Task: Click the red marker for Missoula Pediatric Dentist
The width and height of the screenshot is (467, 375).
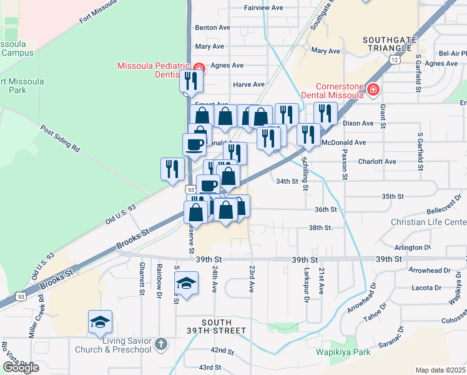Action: coord(199,67)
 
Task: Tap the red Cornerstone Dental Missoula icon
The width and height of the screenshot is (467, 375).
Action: coord(373,90)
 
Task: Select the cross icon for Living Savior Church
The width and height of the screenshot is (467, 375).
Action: coord(160,344)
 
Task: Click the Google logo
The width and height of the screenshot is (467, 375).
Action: coord(21,367)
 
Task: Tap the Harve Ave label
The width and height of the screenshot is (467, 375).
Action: coord(248,84)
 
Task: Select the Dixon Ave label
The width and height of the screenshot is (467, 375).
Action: coord(358,124)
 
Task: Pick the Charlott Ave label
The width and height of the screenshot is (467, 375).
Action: coord(377,161)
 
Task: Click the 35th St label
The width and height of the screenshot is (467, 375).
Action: coord(393,196)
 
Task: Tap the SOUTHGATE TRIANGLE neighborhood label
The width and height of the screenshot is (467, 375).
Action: coord(390,45)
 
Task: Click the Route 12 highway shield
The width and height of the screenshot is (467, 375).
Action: coord(394,59)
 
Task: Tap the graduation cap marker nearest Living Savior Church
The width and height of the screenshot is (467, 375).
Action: coord(100,322)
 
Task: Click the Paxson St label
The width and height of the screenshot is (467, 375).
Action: coord(344,164)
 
